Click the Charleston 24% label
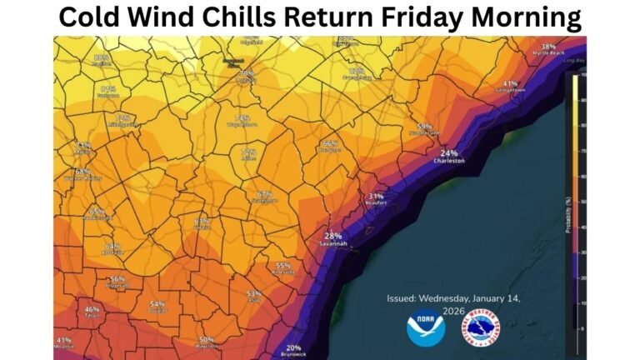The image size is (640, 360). pyautogui.click(x=449, y=157)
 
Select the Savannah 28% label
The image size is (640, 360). pyautogui.click(x=333, y=239)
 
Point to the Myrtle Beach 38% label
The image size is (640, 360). pyautogui.click(x=547, y=49)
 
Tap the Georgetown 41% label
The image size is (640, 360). pyautogui.click(x=509, y=86)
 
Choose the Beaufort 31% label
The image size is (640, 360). pyautogui.click(x=376, y=198)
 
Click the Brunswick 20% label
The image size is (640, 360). pyautogui.click(x=293, y=351)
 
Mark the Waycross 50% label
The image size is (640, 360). pyautogui.click(x=207, y=342)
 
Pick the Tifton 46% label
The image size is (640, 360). pyautogui.click(x=92, y=312)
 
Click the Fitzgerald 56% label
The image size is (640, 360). pyautogui.click(x=117, y=282)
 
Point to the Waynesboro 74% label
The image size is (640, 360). pyautogui.click(x=242, y=122)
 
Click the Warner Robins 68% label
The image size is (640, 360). pyautogui.click(x=83, y=174)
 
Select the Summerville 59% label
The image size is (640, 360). pyautogui.click(x=426, y=128)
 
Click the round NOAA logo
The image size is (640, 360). pyautogui.click(x=425, y=327)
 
